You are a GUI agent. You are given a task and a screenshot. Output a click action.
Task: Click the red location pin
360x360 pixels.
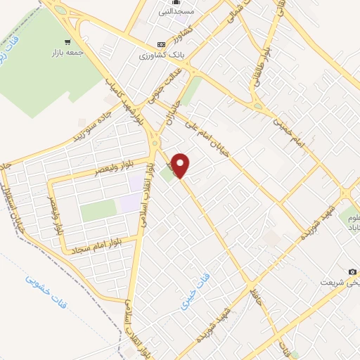[x=181, y=165]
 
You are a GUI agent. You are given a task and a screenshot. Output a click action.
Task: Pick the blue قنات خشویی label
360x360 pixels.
[x=42, y=290]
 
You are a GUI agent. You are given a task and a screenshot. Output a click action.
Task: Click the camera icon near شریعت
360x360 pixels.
[x=352, y=271]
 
